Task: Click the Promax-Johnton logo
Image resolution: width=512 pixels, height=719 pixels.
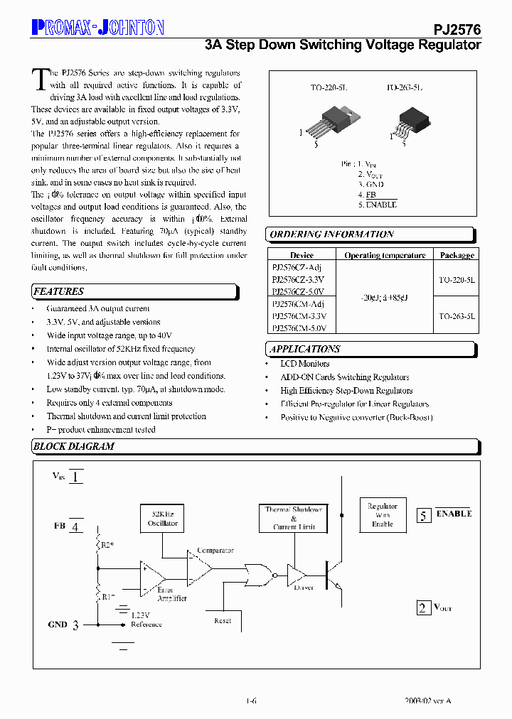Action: coord(97,28)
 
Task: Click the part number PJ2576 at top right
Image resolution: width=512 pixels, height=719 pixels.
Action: coord(457,29)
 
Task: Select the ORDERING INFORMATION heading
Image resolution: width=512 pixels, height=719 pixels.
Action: coord(332,234)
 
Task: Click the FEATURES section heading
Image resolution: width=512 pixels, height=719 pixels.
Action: coord(58,291)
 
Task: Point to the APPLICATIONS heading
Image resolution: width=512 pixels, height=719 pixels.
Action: coord(305,349)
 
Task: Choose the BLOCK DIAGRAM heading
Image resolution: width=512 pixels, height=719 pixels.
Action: coord(74,446)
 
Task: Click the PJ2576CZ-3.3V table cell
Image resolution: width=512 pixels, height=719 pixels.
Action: coord(298,279)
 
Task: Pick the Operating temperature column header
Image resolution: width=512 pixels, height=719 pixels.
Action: coord(385,255)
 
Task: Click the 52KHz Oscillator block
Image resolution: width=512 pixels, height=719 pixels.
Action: coord(162,518)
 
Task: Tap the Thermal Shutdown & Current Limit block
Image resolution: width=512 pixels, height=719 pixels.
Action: coord(294,518)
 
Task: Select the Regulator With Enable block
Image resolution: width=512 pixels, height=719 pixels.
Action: coord(383,515)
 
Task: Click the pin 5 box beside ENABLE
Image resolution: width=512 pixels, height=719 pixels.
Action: coord(424,516)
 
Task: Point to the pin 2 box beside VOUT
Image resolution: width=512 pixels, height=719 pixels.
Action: coord(423,607)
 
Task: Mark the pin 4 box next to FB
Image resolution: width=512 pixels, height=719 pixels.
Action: coord(75,526)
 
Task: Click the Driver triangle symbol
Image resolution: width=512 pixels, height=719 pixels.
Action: coord(296,573)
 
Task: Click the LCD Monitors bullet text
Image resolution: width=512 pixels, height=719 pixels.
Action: coord(304,364)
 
